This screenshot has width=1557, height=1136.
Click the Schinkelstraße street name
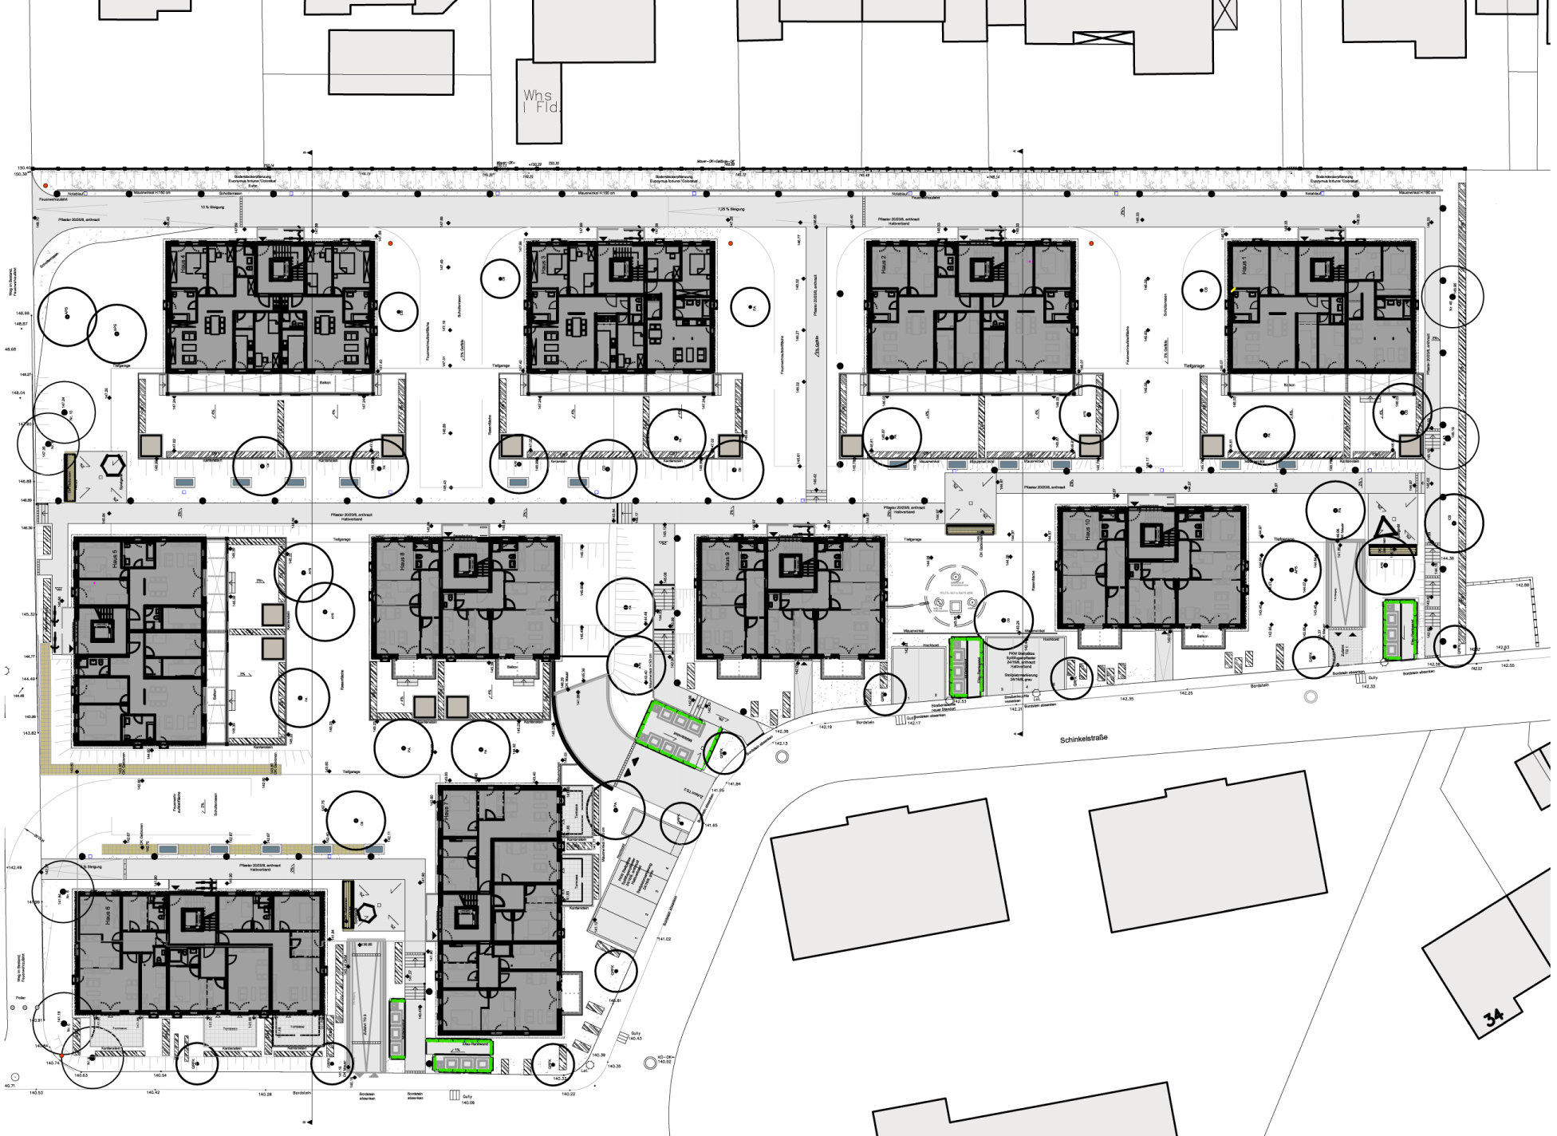tap(1083, 739)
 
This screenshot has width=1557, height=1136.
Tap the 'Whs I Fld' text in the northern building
tap(539, 101)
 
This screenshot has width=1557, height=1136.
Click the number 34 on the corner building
tap(1493, 1016)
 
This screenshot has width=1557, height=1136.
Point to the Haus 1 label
tap(1243, 266)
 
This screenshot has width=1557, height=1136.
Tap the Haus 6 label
tap(106, 914)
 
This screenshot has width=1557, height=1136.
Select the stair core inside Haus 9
tap(790, 566)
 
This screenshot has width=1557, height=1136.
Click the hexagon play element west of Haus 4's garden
tap(113, 463)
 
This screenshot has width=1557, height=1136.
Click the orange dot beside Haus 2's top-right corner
tap(1091, 243)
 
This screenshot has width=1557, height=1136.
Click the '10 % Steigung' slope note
tap(212, 207)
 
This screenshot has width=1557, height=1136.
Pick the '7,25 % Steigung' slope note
tap(731, 209)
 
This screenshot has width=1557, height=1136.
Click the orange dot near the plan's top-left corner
tap(45, 186)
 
